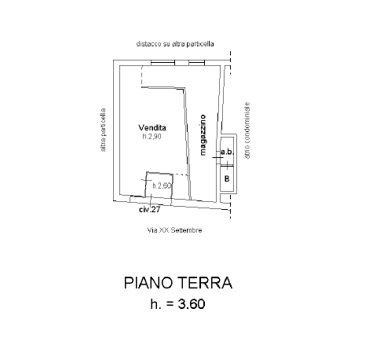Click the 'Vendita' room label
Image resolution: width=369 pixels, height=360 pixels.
point(152,127)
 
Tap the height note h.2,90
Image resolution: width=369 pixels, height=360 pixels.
point(152,136)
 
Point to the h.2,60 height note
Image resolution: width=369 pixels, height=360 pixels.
point(162,186)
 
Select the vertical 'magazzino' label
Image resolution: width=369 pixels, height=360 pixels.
point(203,135)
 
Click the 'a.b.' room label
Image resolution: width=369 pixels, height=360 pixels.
point(227,152)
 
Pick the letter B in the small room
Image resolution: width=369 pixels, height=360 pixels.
point(227,178)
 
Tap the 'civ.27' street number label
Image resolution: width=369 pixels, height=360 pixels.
point(149,210)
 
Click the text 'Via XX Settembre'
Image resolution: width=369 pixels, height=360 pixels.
point(174,230)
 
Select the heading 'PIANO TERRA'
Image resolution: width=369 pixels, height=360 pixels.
point(178,283)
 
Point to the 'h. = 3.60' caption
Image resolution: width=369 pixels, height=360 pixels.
point(177,304)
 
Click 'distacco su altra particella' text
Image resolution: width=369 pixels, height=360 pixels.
point(175,44)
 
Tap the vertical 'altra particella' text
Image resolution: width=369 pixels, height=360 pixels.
point(103,130)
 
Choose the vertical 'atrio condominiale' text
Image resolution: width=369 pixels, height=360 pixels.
point(247,130)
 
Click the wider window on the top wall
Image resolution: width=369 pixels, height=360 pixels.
point(163,63)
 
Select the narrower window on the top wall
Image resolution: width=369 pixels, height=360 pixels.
point(196,63)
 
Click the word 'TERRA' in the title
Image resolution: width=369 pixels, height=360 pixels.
point(205,283)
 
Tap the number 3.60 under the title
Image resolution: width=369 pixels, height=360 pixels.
point(192,304)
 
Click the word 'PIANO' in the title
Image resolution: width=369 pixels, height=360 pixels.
point(148,283)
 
